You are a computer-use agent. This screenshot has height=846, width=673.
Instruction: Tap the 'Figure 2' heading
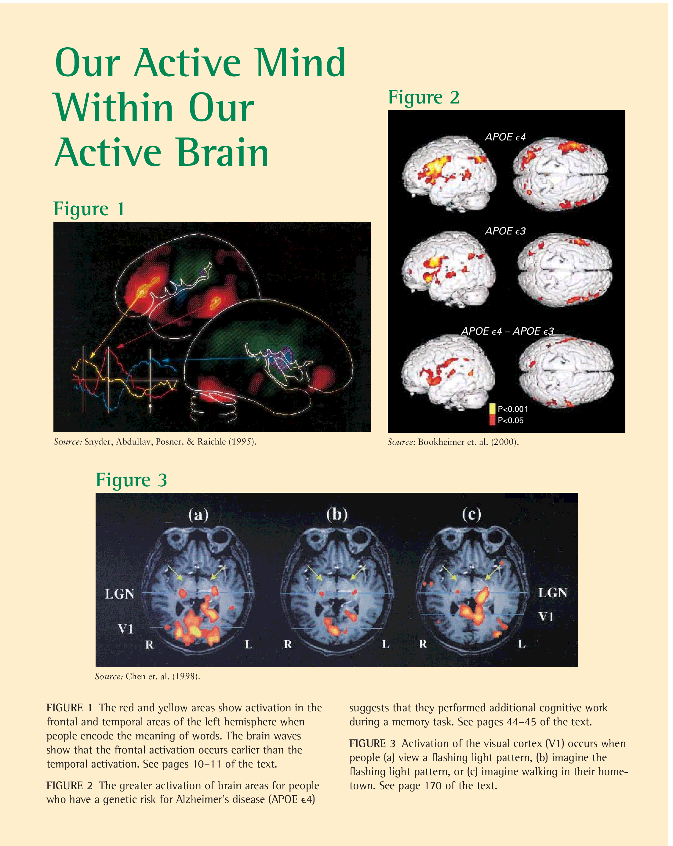pyautogui.click(x=424, y=97)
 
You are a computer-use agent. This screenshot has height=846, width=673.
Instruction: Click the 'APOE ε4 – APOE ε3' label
pyautogui.click(x=507, y=331)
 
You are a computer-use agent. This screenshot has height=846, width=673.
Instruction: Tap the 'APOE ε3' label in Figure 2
pyautogui.click(x=505, y=231)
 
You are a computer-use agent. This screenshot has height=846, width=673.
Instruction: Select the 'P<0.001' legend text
pyautogui.click(x=513, y=409)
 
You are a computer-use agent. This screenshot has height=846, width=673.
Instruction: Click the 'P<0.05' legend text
pyautogui.click(x=511, y=420)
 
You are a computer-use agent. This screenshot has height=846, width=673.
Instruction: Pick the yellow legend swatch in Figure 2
pyautogui.click(x=492, y=408)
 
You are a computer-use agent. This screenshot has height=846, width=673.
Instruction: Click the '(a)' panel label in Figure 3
pyautogui.click(x=198, y=514)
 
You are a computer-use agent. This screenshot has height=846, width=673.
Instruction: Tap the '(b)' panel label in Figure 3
pyautogui.click(x=337, y=514)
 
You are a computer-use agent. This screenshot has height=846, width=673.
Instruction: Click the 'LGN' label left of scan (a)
pyautogui.click(x=120, y=594)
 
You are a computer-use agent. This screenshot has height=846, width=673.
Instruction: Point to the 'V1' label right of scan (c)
pyautogui.click(x=546, y=617)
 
